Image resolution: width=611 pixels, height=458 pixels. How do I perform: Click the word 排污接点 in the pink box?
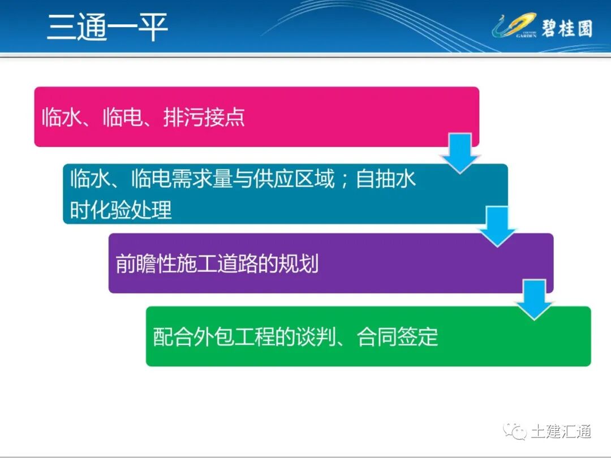coord(204,118)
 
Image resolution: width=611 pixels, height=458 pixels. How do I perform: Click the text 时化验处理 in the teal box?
coord(121,210)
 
